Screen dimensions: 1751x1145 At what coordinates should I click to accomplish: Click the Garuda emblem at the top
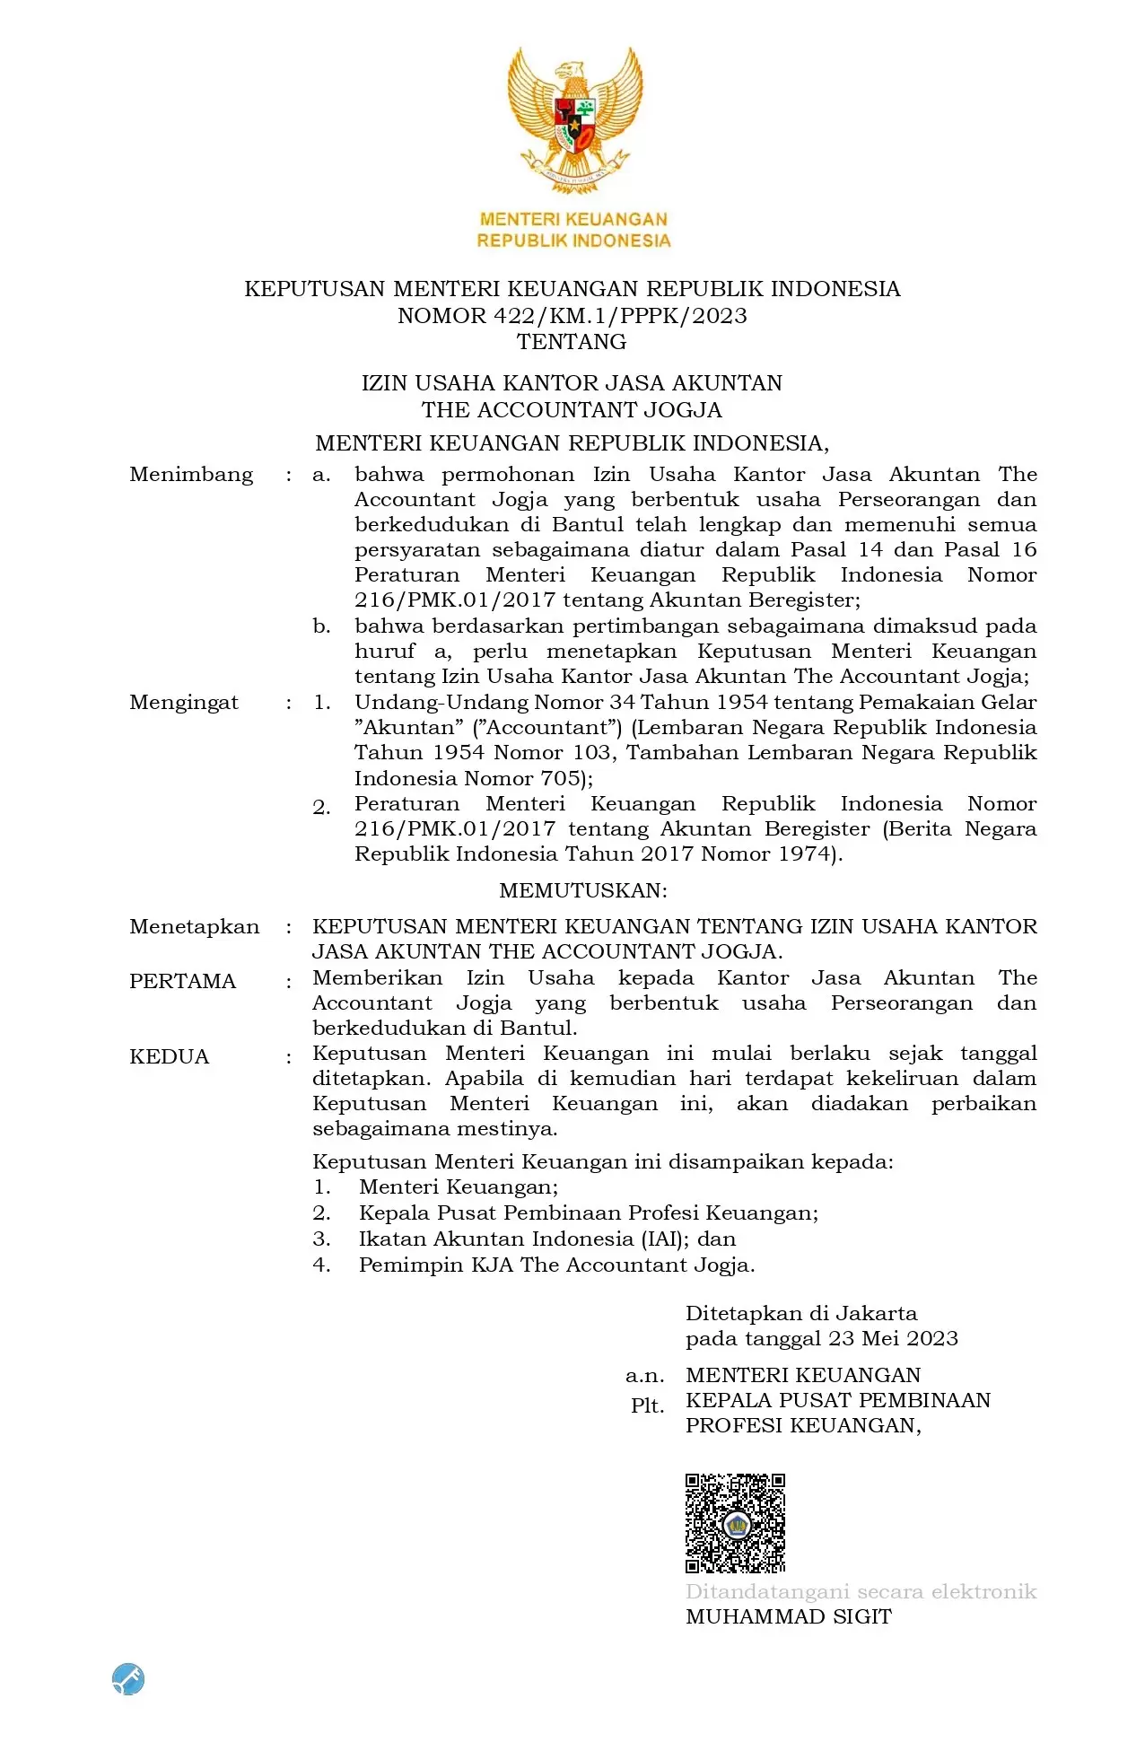[574, 119]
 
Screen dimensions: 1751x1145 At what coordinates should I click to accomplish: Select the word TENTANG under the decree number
[572, 342]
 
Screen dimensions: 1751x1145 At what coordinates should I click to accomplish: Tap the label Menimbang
[191, 475]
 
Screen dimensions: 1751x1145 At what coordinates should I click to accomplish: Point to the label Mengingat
[184, 703]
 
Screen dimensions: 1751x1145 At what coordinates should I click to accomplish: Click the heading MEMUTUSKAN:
[583, 890]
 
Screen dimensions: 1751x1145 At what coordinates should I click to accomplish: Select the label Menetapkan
[194, 927]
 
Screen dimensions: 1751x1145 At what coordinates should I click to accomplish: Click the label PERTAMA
[182, 982]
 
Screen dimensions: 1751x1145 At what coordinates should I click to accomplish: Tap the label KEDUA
[169, 1057]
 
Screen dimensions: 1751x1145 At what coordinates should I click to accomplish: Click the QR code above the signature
[735, 1523]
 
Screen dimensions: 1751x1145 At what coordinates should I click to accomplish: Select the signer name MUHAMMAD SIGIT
[789, 1617]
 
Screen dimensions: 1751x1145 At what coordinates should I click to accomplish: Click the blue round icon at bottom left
[128, 1678]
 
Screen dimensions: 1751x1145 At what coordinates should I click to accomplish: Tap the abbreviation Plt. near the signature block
[647, 1406]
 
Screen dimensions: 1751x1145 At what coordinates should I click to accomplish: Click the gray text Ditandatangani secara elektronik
[861, 1592]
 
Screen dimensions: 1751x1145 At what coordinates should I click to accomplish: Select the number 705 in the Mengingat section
[561, 779]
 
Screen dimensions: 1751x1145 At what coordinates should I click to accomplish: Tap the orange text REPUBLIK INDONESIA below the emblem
[573, 241]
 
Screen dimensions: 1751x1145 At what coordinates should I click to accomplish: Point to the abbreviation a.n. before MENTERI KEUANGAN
[645, 1376]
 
